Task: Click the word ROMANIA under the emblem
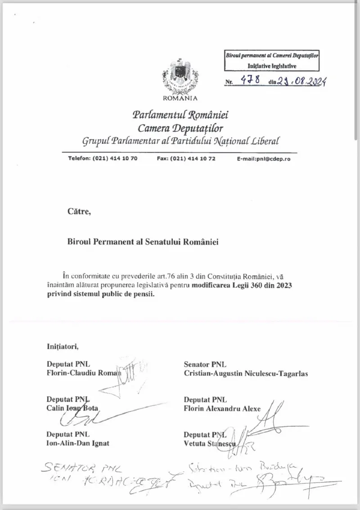(180, 98)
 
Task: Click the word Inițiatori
(63, 346)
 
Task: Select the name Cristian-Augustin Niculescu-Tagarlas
(246, 373)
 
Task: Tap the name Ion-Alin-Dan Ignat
(78, 443)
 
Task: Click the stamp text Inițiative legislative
(272, 66)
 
